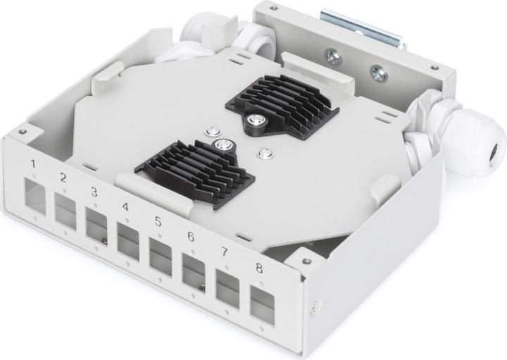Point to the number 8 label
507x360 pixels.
[x=259, y=268]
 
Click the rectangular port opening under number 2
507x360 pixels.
[x=65, y=210]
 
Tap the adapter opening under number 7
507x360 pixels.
[x=227, y=289]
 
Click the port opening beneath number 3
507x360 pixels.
[x=96, y=225]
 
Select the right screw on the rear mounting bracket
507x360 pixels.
[x=379, y=70]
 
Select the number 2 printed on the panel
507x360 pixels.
[x=63, y=178]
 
